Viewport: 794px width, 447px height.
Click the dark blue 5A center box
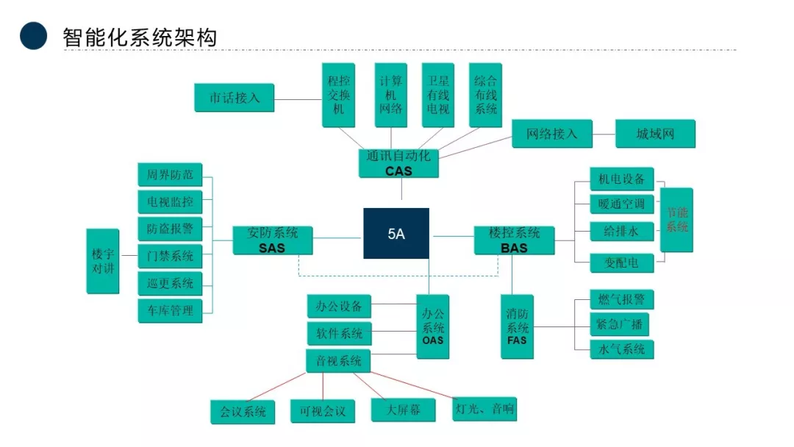point(396,234)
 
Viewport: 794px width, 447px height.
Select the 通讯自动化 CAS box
point(398,163)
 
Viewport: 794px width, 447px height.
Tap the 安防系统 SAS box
point(271,240)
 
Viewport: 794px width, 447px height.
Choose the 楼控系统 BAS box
point(514,240)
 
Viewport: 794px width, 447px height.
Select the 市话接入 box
point(234,98)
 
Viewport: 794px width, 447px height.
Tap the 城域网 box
point(654,134)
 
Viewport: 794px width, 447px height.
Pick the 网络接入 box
point(551,134)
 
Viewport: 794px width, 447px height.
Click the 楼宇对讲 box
point(102,261)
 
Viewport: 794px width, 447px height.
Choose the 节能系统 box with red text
point(676,220)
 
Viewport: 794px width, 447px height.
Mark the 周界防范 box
point(169,175)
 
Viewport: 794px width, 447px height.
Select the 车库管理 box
point(169,310)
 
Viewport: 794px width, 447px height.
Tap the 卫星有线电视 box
point(438,95)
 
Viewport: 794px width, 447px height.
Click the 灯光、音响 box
point(484,409)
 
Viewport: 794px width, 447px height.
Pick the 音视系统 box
point(338,361)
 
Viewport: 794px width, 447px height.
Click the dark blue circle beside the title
point(34,36)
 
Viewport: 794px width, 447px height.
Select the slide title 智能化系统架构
point(140,37)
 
